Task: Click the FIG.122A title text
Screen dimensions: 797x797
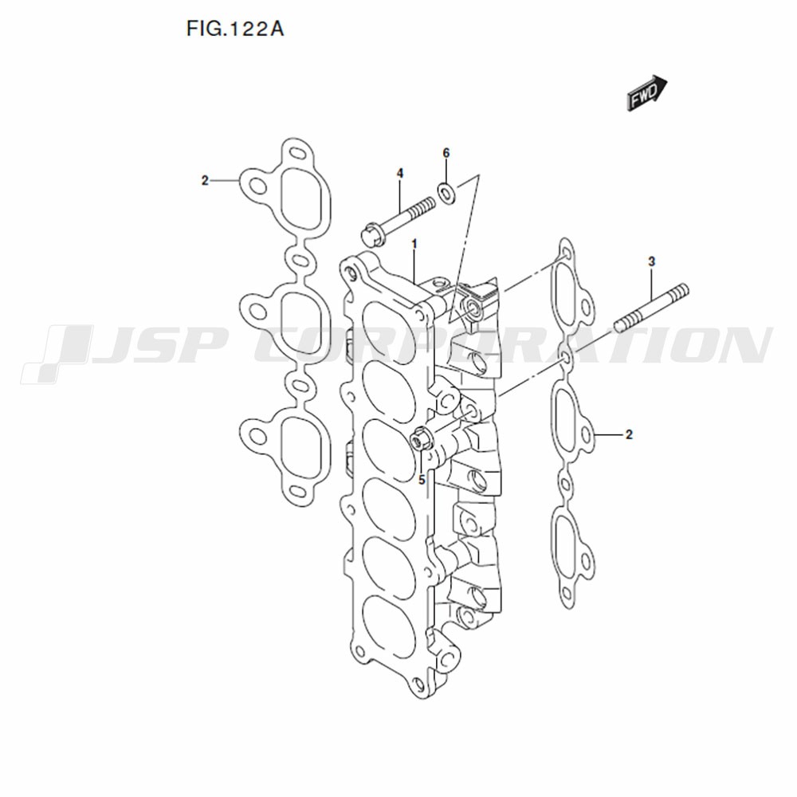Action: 235,29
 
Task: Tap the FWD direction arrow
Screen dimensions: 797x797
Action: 646,93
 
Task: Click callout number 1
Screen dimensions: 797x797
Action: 414,245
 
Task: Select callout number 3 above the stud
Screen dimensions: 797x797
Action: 652,261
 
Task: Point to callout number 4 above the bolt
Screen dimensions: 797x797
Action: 400,174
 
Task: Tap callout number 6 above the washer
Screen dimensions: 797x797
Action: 446,153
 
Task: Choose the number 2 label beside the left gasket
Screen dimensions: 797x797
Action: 205,180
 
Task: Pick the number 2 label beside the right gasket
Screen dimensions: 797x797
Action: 629,434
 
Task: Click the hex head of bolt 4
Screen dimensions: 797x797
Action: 372,235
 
